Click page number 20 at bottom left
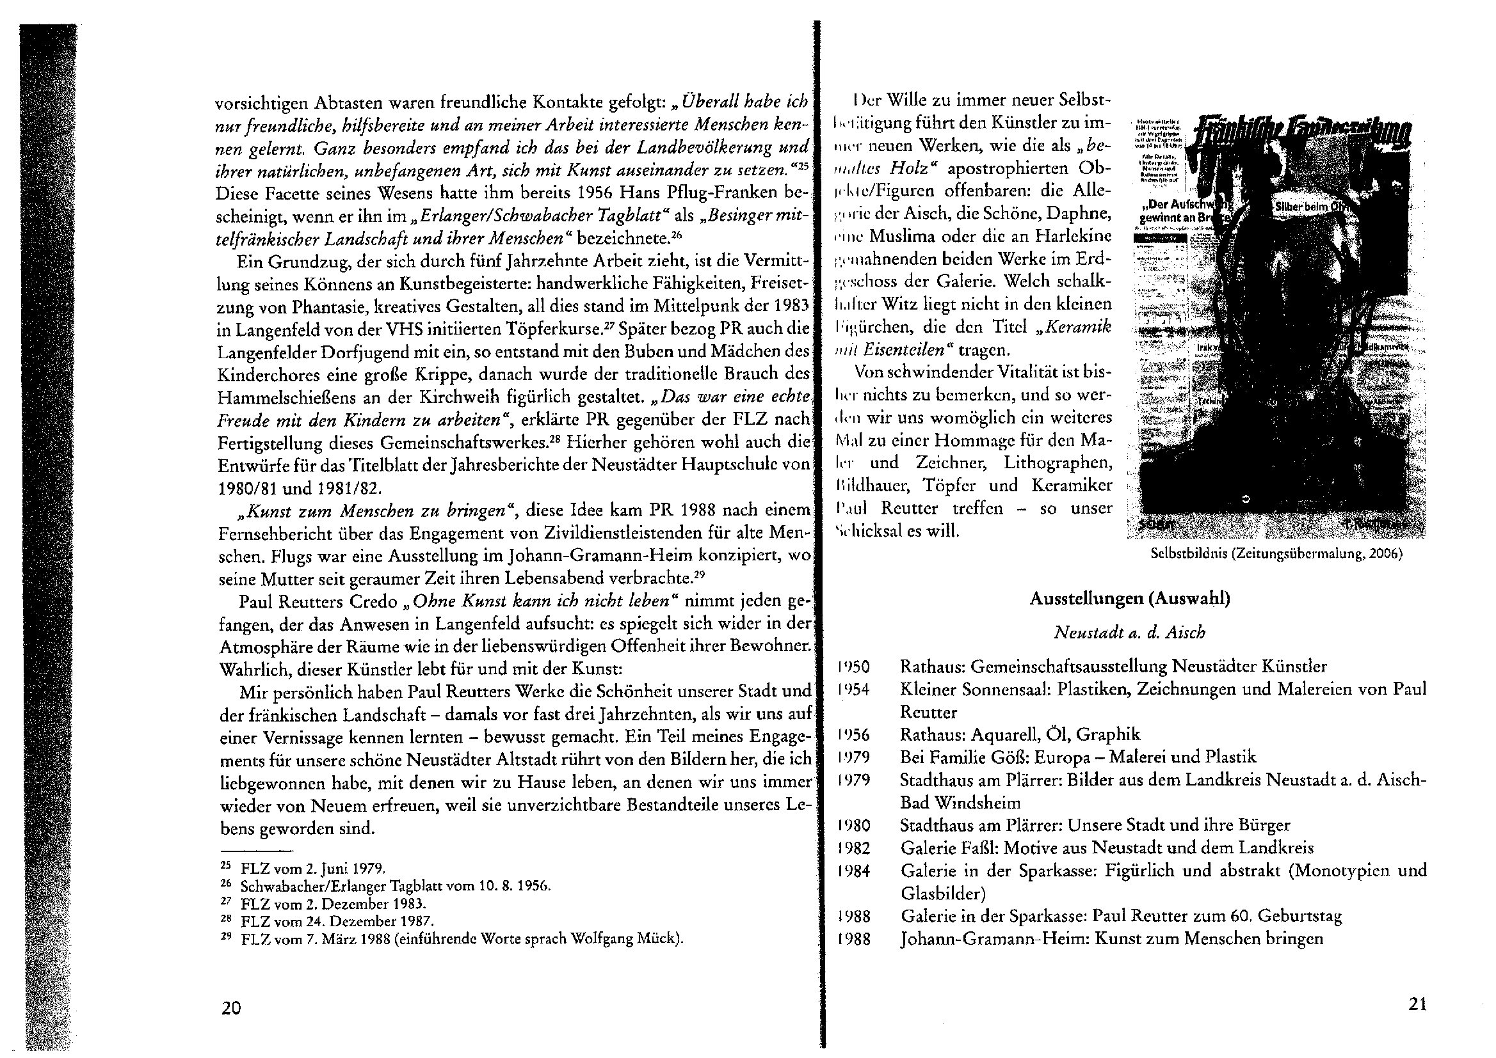(x=231, y=1008)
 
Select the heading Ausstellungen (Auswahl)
(x=1129, y=599)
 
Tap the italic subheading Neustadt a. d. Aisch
(x=1130, y=633)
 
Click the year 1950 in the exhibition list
(x=853, y=667)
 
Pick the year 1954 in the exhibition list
(x=853, y=690)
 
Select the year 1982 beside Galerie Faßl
(x=853, y=848)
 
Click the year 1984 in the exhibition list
(x=853, y=871)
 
